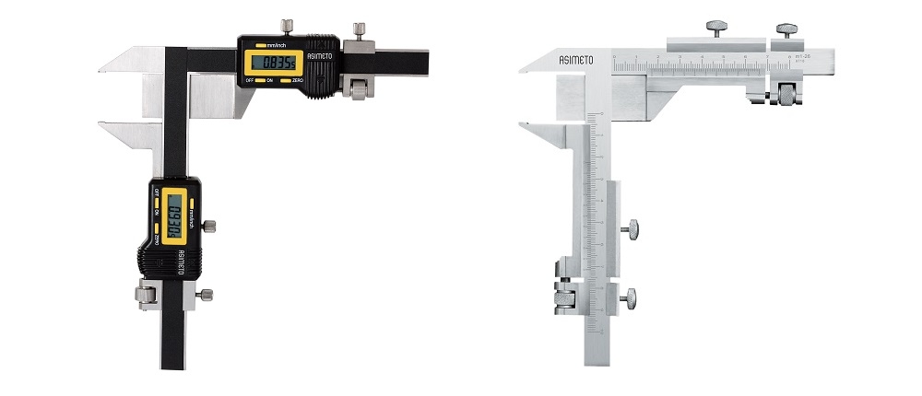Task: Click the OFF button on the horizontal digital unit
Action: (249, 81)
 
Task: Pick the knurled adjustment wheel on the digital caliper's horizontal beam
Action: (358, 88)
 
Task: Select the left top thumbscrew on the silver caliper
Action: (716, 27)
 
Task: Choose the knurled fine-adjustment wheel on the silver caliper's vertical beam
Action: (563, 297)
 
